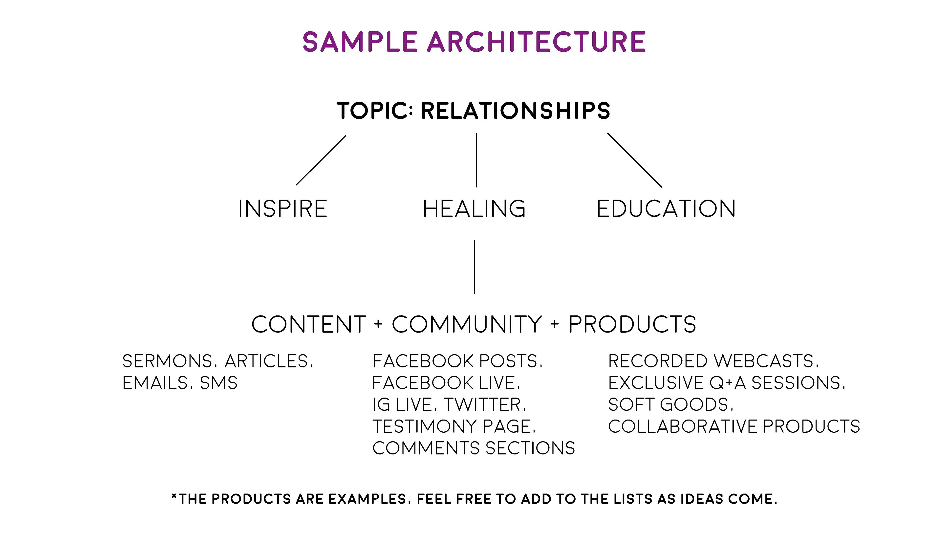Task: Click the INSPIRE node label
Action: click(282, 209)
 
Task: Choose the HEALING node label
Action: click(474, 209)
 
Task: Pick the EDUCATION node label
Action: click(666, 209)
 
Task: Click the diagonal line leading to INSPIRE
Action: click(321, 160)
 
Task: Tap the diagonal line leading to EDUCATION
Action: click(634, 160)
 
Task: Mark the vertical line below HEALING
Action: click(474, 267)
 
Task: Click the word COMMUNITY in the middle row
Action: click(467, 324)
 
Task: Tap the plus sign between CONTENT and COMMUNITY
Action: click(378, 324)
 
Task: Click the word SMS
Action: click(218, 383)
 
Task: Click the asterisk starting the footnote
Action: click(174, 496)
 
